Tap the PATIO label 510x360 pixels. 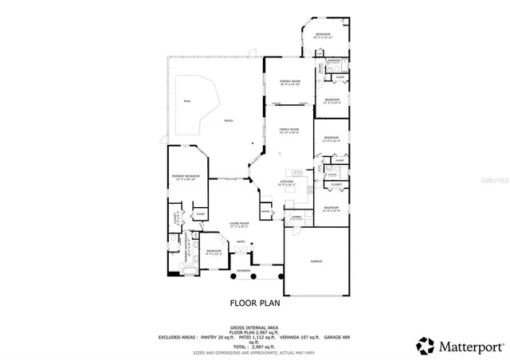click(228, 120)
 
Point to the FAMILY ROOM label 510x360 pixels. click(288, 129)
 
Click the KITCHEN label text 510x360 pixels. click(288, 182)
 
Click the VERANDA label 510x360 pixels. click(242, 271)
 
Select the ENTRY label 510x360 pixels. click(240, 240)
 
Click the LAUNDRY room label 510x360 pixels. click(296, 217)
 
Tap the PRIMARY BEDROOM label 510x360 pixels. click(186, 175)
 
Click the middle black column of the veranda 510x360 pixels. click(254, 276)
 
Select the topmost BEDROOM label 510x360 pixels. click(322, 34)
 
